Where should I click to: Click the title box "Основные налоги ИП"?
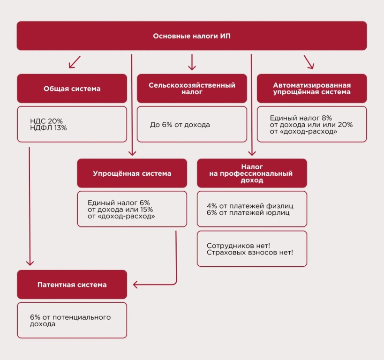[192, 36]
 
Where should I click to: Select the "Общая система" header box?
[72, 89]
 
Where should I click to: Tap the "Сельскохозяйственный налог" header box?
[192, 89]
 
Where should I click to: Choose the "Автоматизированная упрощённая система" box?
[312, 89]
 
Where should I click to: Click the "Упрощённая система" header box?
[132, 173]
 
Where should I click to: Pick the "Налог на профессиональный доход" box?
[252, 173]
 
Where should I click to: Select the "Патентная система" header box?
[72, 285]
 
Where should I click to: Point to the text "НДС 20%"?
[46, 121]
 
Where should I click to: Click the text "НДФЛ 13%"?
[48, 128]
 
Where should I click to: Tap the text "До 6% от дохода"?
[180, 125]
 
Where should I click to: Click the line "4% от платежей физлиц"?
[250, 206]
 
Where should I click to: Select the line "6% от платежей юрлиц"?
[248, 212]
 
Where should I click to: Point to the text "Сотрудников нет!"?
[238, 246]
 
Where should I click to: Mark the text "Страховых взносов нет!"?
[250, 253]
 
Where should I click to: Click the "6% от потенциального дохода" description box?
[72, 320]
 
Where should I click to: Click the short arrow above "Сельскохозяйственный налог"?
[192, 62]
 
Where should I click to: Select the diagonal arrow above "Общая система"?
[75, 62]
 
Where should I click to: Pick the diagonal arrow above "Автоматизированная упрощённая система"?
[309, 62]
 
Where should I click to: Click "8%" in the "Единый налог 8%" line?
[327, 118]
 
